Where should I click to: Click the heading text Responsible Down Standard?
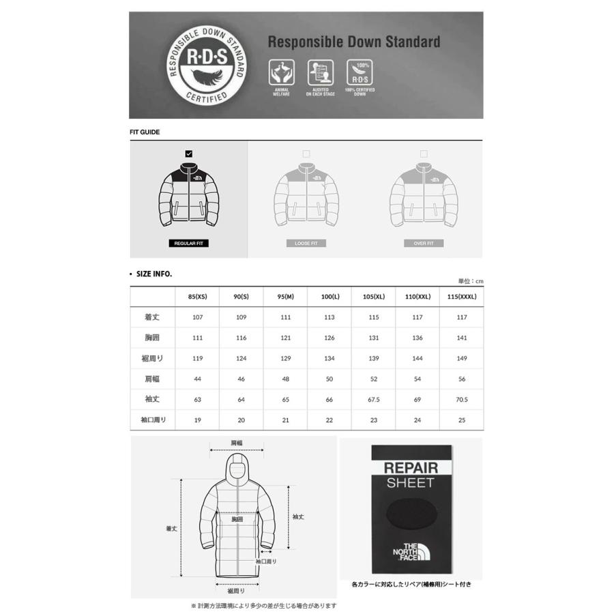[x=353, y=42]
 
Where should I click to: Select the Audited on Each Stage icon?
[x=320, y=72]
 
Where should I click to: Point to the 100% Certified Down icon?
[x=360, y=72]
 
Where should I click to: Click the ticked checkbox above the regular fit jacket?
[x=189, y=153]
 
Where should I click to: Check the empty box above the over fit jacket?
[x=424, y=153]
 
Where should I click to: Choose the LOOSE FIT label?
[x=306, y=244]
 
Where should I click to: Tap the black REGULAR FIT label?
[x=188, y=244]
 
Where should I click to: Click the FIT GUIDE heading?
[x=145, y=132]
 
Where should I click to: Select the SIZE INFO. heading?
[x=153, y=274]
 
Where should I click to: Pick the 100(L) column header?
[x=330, y=297]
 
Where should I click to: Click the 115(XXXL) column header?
[x=461, y=297]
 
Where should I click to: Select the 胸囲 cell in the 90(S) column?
[x=241, y=338]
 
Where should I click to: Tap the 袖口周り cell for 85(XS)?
[x=197, y=420]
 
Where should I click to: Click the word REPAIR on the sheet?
[x=411, y=468]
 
